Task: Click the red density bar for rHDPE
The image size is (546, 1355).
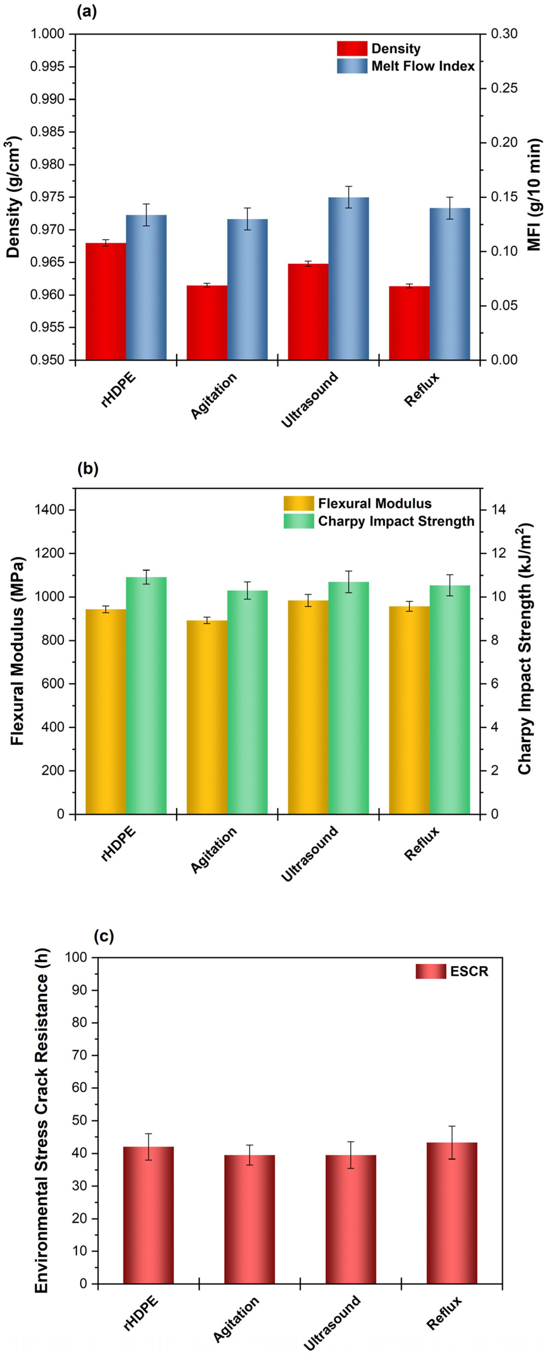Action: pyautogui.click(x=106, y=301)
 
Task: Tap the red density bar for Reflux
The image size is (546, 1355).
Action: pyautogui.click(x=409, y=323)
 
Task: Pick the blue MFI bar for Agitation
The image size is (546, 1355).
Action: pyautogui.click(x=247, y=289)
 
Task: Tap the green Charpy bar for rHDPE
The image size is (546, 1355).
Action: pyautogui.click(x=146, y=695)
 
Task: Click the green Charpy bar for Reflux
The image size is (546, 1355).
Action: pyautogui.click(x=450, y=700)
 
